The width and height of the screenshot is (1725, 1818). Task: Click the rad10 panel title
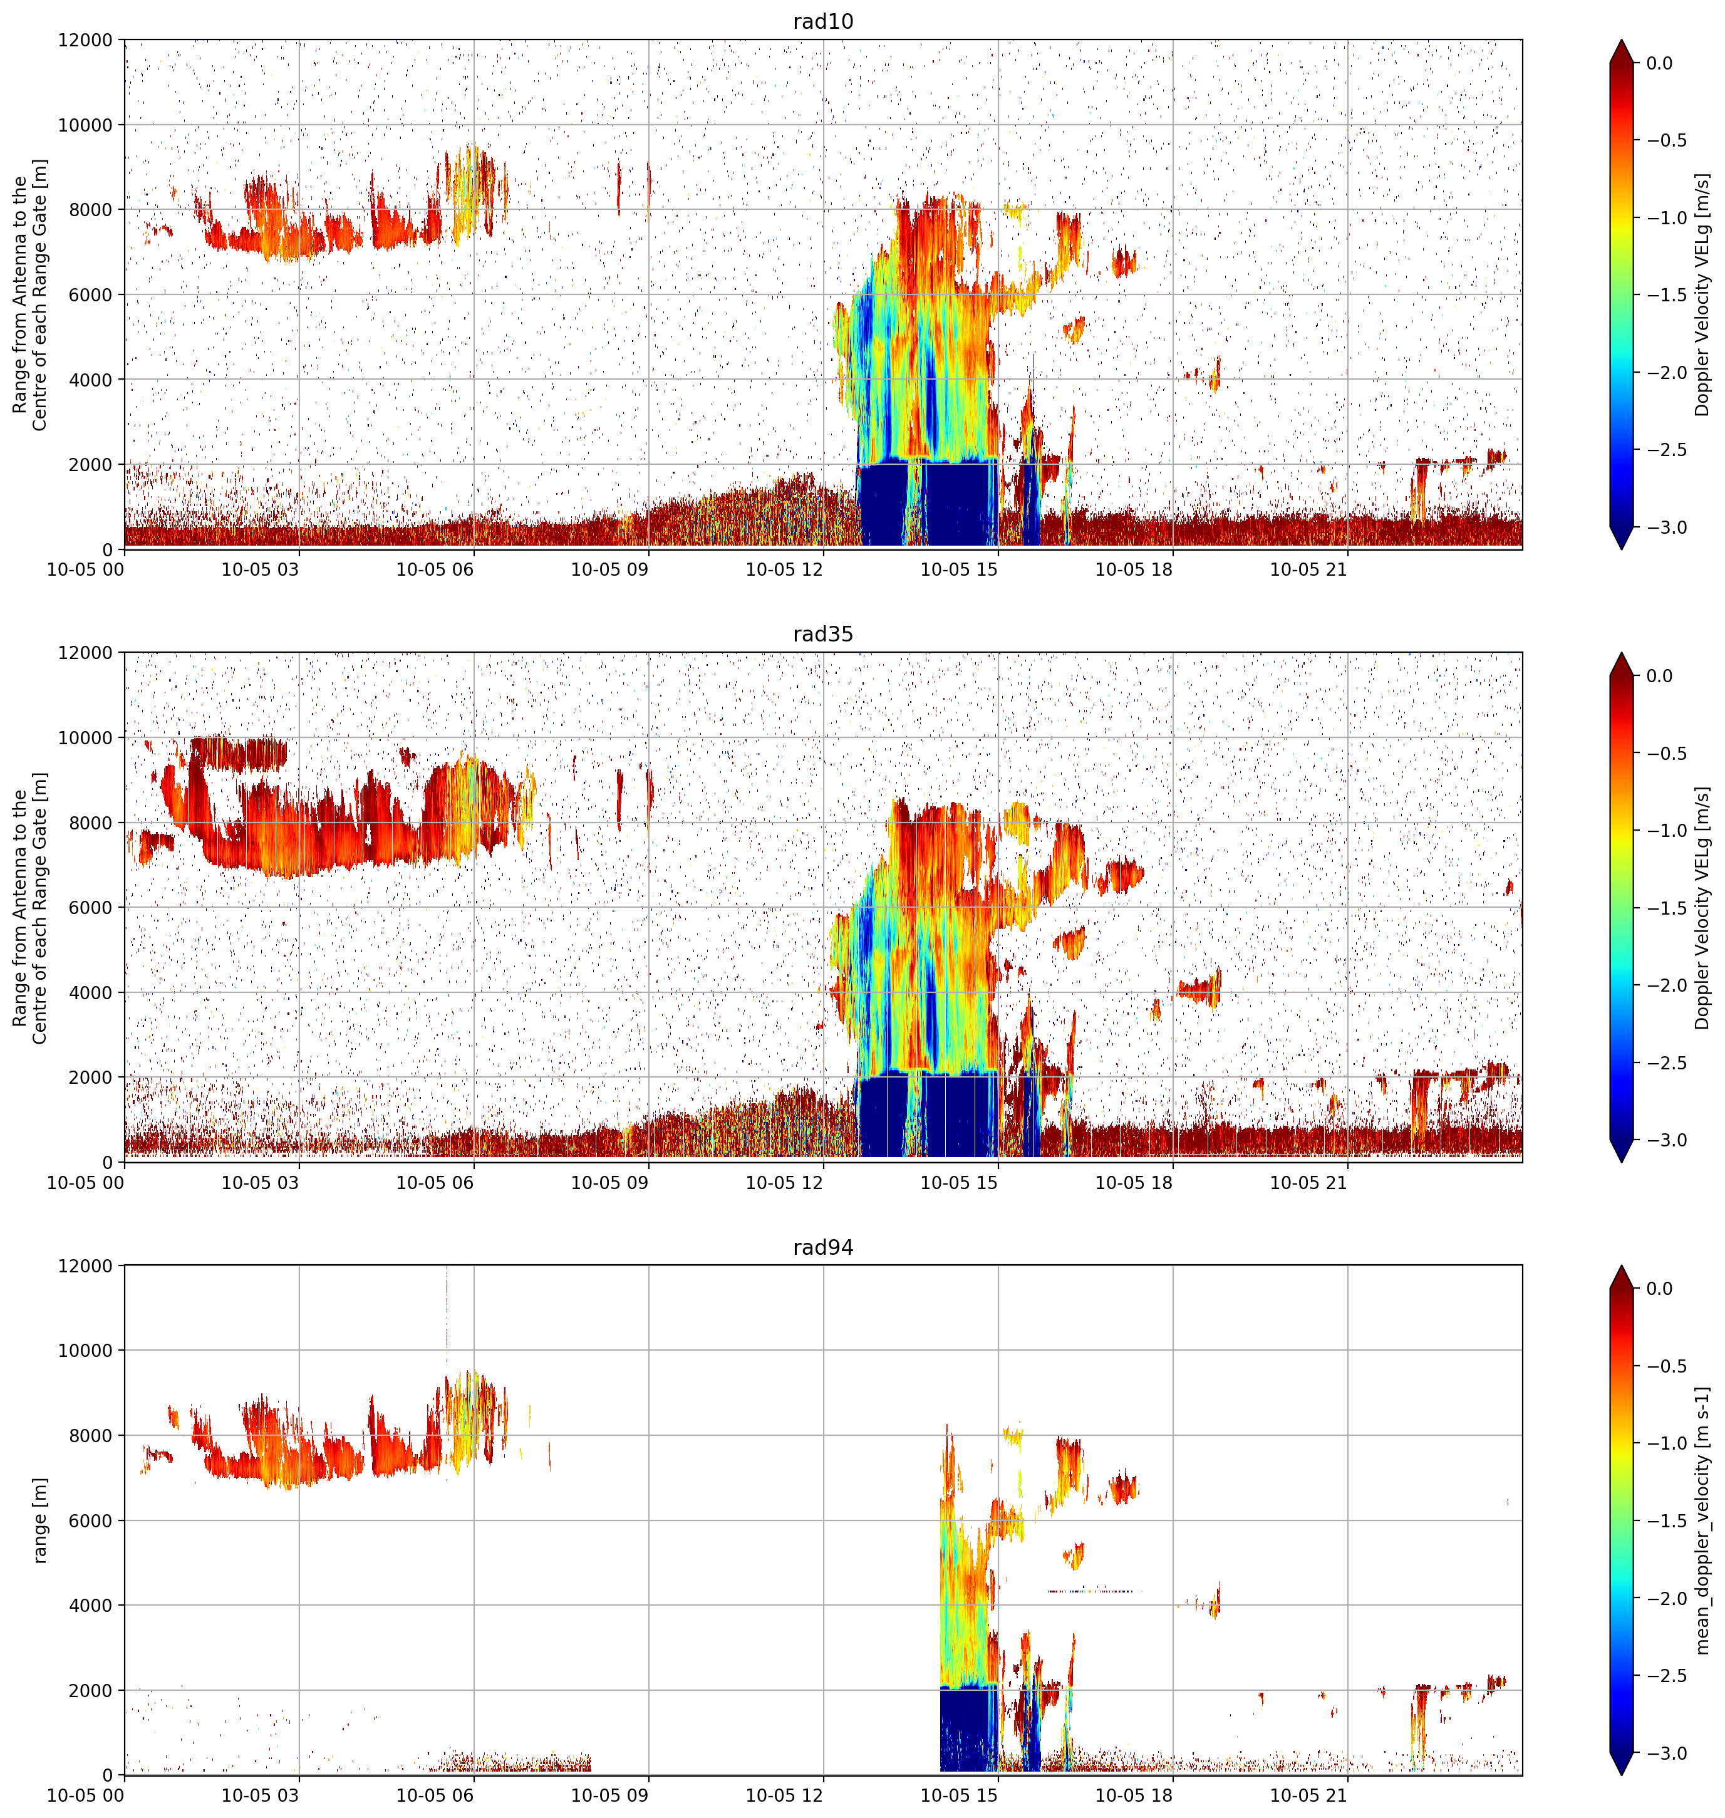coord(823,21)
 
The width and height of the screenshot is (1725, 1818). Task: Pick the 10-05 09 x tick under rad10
coord(609,569)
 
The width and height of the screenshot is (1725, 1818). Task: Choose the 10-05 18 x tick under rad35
coord(1133,1183)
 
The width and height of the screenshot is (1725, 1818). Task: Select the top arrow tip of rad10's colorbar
coord(1621,39)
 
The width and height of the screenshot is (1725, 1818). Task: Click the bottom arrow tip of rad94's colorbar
coord(1621,1775)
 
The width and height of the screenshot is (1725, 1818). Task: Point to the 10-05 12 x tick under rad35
coord(784,1183)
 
